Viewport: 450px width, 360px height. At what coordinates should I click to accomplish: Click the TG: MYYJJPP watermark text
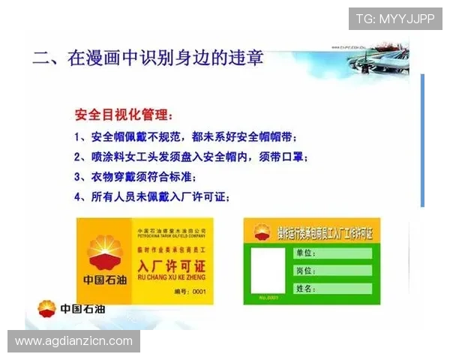tap(395, 19)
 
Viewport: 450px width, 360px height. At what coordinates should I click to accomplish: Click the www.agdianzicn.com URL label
tap(74, 341)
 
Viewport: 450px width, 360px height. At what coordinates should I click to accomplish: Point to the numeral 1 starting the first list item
tap(77, 138)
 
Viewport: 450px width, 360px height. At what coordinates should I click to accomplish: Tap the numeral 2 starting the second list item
tap(77, 157)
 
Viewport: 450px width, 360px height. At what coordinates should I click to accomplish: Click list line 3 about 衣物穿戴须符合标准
tap(135, 178)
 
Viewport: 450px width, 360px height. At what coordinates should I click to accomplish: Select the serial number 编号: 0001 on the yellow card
tap(189, 291)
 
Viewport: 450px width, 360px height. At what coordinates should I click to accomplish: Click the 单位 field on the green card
tap(331, 253)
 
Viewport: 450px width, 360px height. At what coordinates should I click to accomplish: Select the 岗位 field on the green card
tap(331, 270)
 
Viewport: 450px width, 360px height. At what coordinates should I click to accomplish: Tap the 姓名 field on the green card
tap(331, 288)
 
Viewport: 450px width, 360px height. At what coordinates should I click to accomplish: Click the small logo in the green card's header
tap(262, 232)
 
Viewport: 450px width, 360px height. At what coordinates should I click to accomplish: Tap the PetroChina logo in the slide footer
tap(46, 307)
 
